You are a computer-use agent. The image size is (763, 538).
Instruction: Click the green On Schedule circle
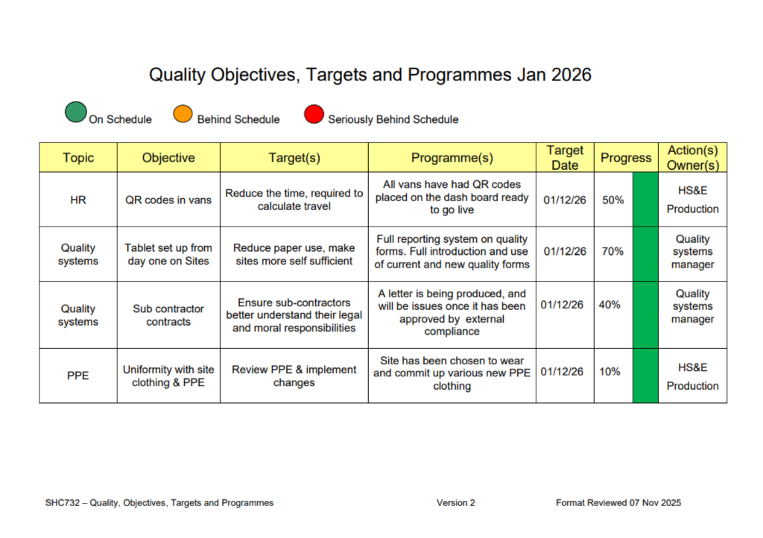click(76, 112)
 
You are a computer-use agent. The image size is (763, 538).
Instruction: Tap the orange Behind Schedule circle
click(183, 114)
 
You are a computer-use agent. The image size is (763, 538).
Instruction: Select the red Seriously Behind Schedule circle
click(314, 114)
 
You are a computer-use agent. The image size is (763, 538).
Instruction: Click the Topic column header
click(77, 158)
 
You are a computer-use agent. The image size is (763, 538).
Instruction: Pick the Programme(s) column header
click(452, 158)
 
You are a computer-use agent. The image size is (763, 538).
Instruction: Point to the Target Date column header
click(565, 158)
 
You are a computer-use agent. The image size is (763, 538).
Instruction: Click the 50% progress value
click(612, 200)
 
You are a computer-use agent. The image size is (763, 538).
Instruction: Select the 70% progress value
click(612, 251)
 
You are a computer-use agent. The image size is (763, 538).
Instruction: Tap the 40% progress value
click(610, 305)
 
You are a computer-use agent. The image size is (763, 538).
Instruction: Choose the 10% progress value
click(610, 372)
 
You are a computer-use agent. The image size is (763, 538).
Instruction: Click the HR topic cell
click(77, 200)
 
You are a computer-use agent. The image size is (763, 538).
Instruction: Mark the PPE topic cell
click(77, 376)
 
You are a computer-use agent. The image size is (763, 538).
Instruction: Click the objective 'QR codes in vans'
click(168, 200)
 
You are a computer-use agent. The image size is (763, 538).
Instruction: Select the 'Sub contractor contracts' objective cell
click(168, 315)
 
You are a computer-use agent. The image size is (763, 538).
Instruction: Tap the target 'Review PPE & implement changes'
click(294, 376)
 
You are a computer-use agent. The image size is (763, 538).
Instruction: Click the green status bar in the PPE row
click(645, 376)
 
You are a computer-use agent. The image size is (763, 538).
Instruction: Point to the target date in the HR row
click(565, 200)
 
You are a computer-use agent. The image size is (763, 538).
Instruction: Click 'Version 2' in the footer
click(455, 503)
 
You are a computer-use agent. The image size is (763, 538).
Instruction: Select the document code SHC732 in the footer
click(63, 503)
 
